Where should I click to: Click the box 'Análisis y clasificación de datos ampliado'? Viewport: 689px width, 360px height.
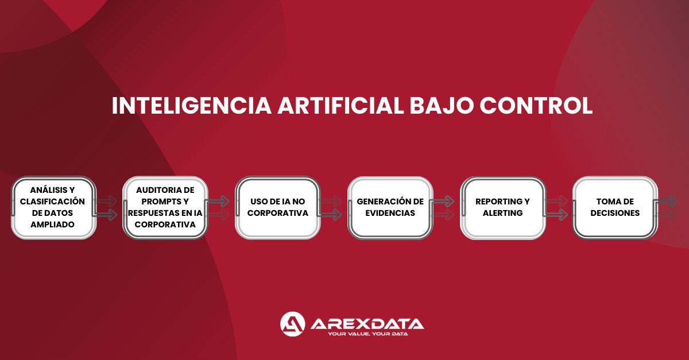coord(53,207)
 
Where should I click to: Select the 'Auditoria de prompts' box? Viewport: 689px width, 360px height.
coord(165,207)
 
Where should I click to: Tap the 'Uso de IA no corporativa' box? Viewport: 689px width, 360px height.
coord(278,207)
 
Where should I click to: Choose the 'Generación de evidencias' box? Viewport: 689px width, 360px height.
coord(390,207)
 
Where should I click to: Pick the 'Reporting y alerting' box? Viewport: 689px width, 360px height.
coord(502,207)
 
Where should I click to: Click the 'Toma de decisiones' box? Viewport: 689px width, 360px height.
coord(615,207)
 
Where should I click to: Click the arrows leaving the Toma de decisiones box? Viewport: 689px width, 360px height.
coord(669,208)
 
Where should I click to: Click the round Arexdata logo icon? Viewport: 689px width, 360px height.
coord(292,324)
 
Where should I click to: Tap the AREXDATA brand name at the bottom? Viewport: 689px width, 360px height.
coord(367,323)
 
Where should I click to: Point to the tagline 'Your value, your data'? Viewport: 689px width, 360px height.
coord(367,334)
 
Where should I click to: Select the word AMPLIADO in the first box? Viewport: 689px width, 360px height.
coord(53,224)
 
